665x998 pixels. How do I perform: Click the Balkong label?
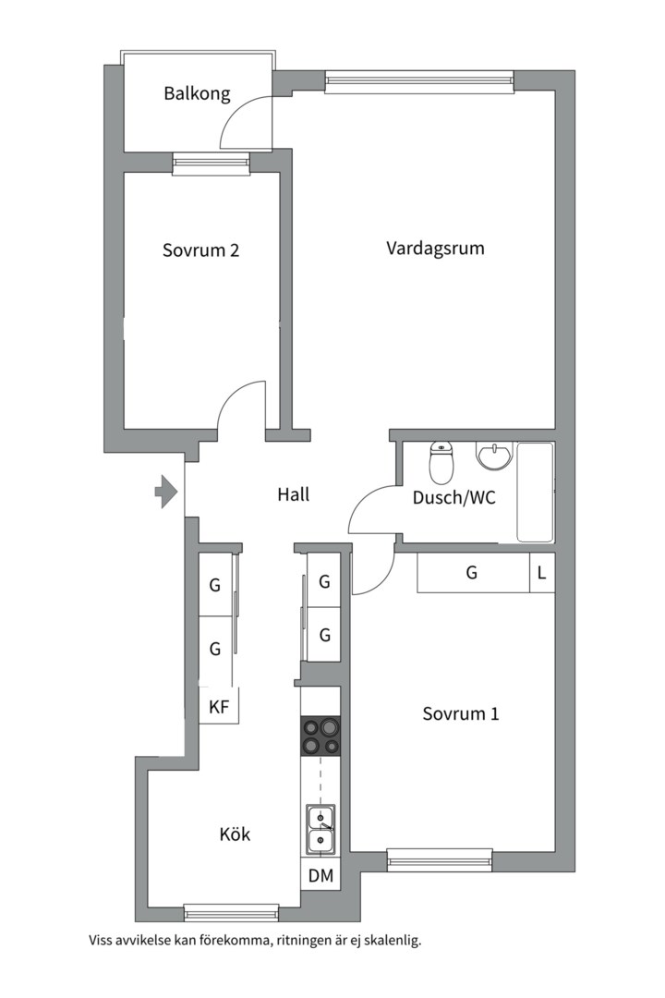tap(197, 94)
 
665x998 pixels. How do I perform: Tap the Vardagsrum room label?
tap(435, 249)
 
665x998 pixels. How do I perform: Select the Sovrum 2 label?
tap(200, 250)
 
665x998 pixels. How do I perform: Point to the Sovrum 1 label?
tap(461, 713)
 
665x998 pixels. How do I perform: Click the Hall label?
tap(294, 494)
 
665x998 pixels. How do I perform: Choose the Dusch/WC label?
tap(453, 497)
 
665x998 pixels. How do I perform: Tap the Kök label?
tap(235, 834)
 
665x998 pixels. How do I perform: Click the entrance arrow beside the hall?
tap(166, 492)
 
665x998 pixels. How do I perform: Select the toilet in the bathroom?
tap(441, 462)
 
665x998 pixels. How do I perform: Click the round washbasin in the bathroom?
tap(493, 456)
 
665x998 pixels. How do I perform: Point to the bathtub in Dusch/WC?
tap(535, 492)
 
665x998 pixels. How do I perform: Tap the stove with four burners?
tap(320, 736)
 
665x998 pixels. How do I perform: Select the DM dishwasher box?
tap(320, 876)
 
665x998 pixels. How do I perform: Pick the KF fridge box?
tap(219, 706)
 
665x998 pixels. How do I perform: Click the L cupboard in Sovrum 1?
tap(542, 573)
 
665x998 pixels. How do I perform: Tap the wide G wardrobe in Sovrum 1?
tap(474, 573)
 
